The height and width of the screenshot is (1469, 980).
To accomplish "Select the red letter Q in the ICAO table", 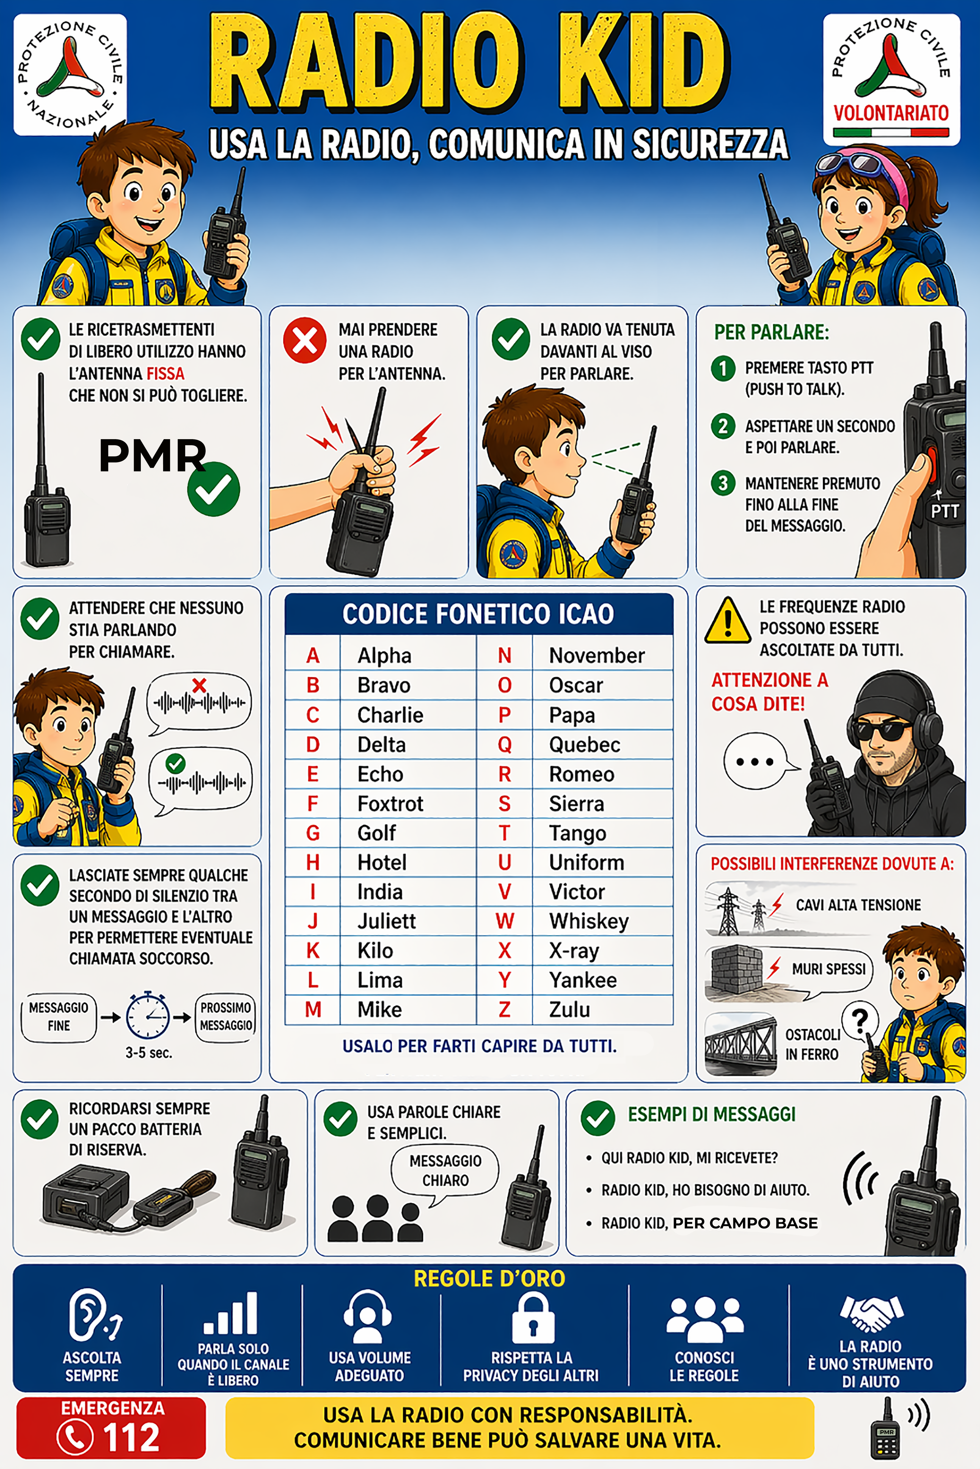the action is pos(504,744).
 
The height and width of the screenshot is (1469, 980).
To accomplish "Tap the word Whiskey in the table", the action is pos(589,921).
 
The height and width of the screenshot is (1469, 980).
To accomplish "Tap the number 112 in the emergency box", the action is pos(131,1437).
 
